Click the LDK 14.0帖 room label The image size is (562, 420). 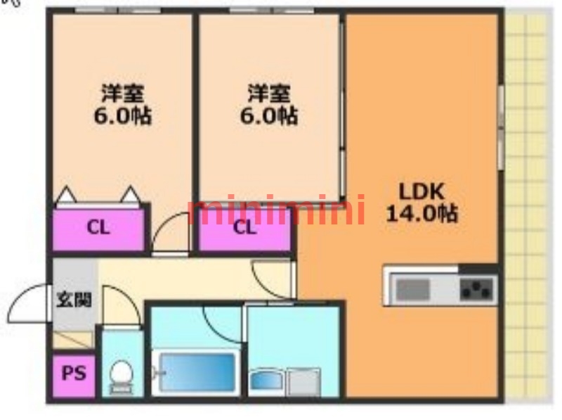[x=422, y=203]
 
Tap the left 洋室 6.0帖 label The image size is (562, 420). [x=122, y=104]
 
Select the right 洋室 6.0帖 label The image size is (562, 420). [x=269, y=104]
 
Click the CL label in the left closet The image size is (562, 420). [x=98, y=227]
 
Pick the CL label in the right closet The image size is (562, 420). [x=244, y=227]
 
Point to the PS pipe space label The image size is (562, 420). [x=74, y=374]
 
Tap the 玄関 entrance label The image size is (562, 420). [x=74, y=300]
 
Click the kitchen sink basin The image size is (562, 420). [x=412, y=289]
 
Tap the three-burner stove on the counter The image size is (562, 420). [x=477, y=289]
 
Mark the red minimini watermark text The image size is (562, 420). [x=276, y=209]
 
